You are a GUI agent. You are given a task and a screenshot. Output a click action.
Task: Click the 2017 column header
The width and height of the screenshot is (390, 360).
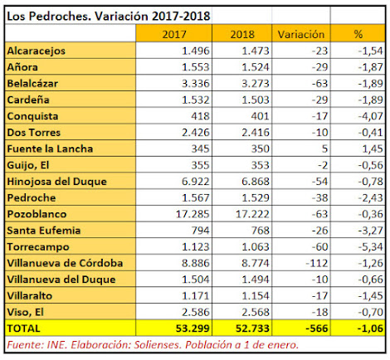click(x=174, y=34)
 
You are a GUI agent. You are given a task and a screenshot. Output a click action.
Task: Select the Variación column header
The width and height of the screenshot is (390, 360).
click(x=301, y=34)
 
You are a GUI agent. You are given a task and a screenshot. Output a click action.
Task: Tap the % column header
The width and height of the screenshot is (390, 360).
click(x=358, y=34)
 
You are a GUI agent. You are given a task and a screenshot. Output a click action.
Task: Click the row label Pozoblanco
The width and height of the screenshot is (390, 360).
click(x=37, y=214)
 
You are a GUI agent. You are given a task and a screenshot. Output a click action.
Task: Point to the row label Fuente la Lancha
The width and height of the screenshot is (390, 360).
click(x=50, y=148)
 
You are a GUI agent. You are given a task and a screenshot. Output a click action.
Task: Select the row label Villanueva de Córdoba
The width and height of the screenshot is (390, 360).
click(x=65, y=263)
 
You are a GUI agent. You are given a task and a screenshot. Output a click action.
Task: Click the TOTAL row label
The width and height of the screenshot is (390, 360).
click(x=23, y=328)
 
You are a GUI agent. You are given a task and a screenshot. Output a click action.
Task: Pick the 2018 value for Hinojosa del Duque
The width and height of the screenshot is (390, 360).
click(x=256, y=182)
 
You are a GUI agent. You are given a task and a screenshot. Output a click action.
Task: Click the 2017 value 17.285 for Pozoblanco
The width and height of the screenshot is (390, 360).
click(x=193, y=214)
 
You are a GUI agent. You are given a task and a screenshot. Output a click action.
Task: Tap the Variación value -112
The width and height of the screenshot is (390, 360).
click(x=317, y=263)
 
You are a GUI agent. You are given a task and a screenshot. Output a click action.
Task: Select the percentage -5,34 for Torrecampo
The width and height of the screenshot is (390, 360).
click(x=370, y=246)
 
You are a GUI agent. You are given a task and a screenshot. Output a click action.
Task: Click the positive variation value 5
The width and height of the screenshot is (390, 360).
click(x=324, y=148)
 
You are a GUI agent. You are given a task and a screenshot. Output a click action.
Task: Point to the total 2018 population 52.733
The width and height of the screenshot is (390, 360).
click(x=252, y=328)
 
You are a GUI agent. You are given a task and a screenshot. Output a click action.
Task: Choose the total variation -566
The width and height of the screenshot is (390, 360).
click(x=317, y=328)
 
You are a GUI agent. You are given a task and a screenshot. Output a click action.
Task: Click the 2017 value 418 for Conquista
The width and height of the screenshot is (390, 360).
click(x=200, y=116)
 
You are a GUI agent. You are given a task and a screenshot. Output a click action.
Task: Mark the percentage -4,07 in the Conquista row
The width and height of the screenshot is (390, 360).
click(x=370, y=116)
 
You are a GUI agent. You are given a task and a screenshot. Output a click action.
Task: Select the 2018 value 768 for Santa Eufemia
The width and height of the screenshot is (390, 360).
click(x=260, y=231)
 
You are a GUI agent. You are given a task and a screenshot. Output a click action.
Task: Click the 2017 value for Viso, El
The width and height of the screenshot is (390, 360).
click(x=196, y=312)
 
